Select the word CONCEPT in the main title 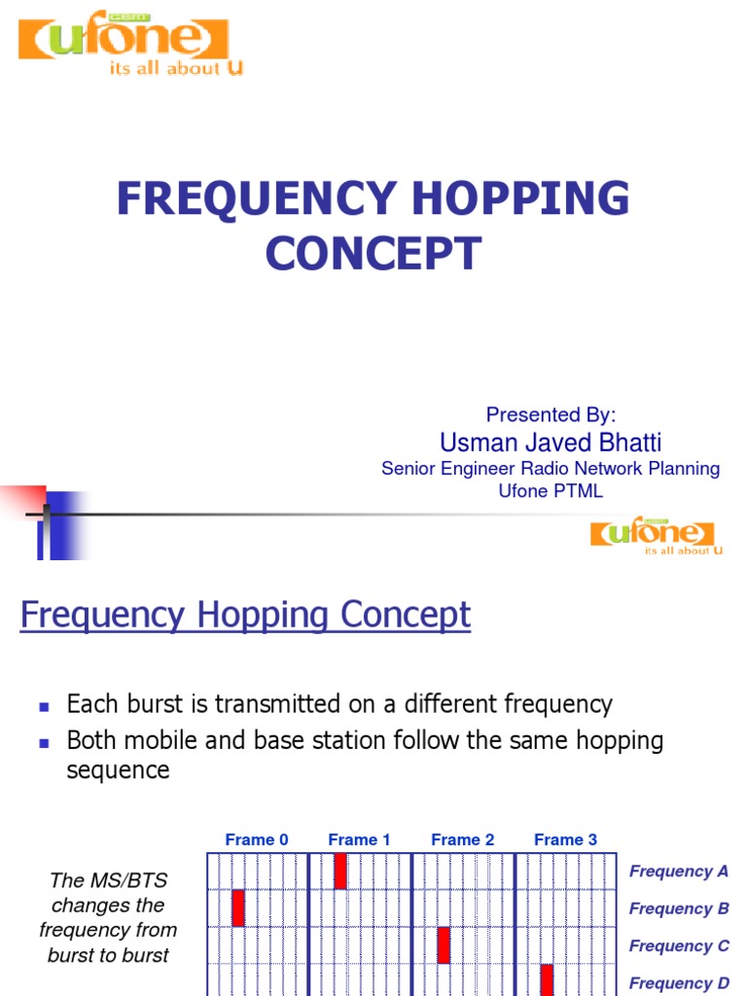(x=373, y=253)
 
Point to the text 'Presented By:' (x=551, y=415)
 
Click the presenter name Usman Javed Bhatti (x=551, y=443)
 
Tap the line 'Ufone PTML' (x=551, y=491)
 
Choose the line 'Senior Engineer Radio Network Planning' (x=551, y=469)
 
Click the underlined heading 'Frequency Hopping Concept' (x=245, y=615)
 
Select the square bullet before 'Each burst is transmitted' (x=43, y=705)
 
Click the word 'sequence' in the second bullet (x=118, y=770)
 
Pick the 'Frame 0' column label (x=257, y=839)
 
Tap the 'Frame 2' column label (x=463, y=839)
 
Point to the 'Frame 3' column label (x=566, y=839)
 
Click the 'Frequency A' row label (x=679, y=871)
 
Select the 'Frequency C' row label (x=679, y=945)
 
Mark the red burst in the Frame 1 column (x=340, y=871)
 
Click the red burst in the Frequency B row (x=238, y=907)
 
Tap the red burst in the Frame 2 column (x=444, y=944)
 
